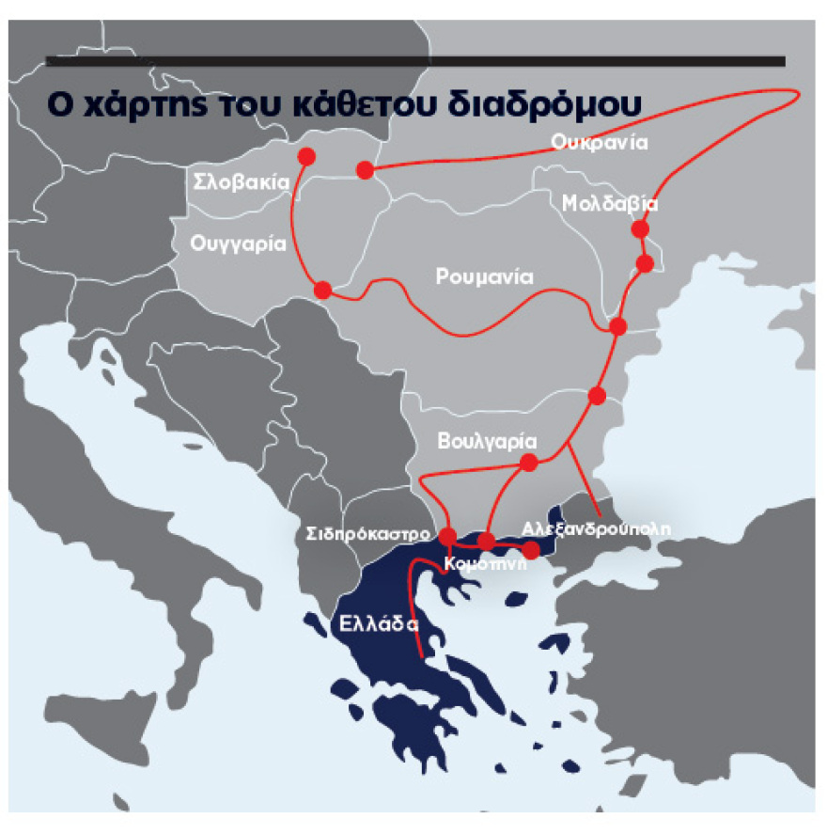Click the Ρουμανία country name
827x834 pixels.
coord(484,277)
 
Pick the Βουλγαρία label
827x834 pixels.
coord(487,441)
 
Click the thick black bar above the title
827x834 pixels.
coord(414,62)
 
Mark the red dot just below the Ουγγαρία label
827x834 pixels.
coord(322,290)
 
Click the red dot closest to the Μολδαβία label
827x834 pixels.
coord(641,228)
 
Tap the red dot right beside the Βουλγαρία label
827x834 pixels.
coord(528,462)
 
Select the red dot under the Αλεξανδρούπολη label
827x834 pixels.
coord(531,549)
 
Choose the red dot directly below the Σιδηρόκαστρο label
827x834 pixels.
coord(447,536)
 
